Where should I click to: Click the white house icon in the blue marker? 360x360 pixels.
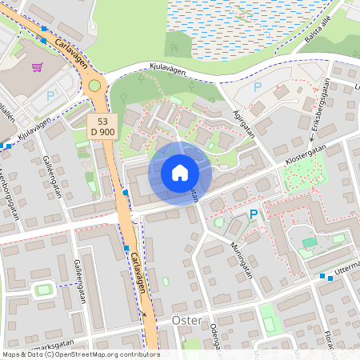point(180,172)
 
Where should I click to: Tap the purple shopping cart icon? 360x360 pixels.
point(37,69)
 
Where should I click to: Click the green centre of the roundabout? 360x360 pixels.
point(94,85)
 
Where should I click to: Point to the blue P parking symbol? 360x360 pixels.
point(254,214)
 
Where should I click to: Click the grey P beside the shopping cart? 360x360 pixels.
point(50,96)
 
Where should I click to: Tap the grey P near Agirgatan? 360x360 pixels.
point(258,86)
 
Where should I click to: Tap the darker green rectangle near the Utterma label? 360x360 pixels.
point(310,242)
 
